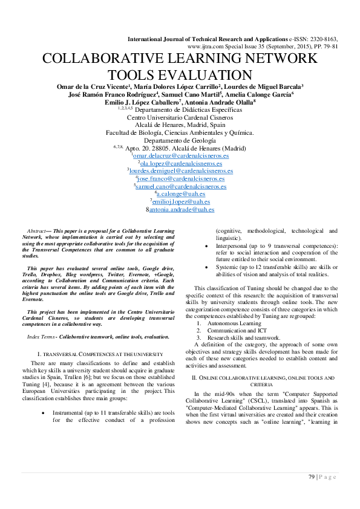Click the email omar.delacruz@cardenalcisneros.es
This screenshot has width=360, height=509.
181,155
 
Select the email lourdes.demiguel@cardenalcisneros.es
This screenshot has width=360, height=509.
182,171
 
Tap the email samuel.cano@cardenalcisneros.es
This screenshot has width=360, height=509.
182,187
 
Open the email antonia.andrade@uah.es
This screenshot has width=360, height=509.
182,210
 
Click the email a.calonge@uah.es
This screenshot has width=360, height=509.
182,194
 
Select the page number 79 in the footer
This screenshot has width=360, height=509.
312,477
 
